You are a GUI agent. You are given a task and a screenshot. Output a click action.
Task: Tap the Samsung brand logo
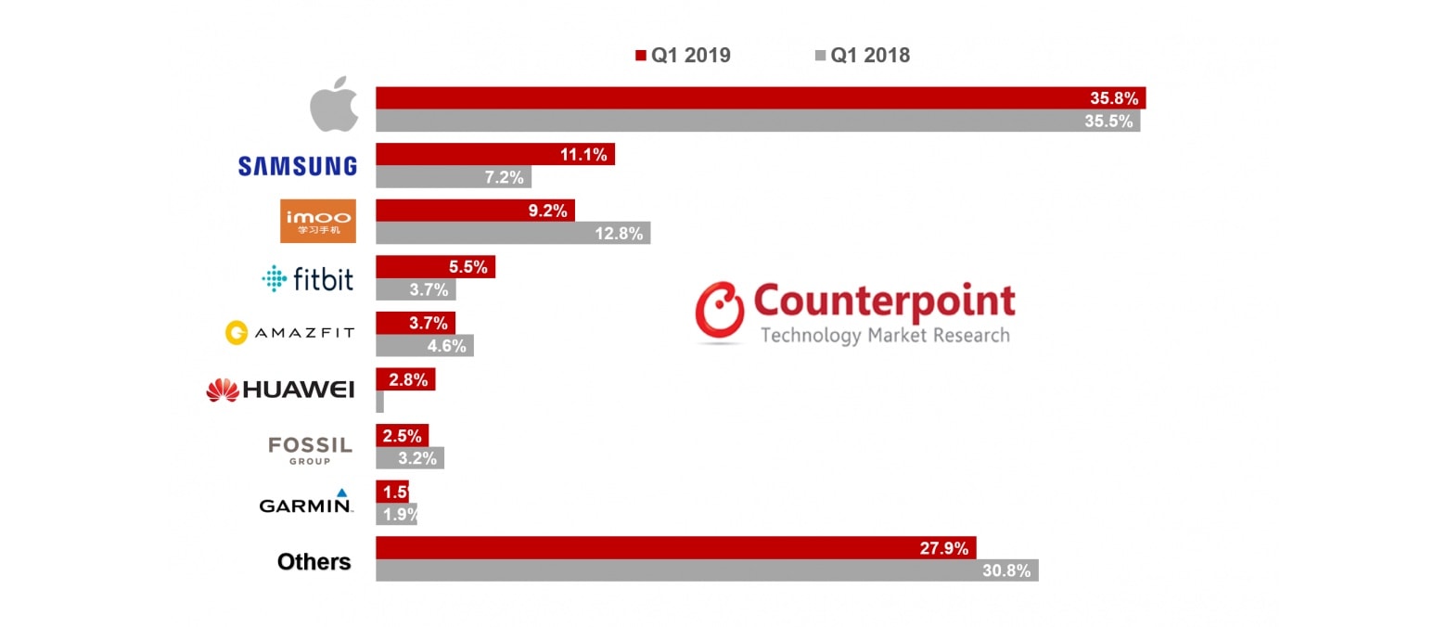[x=297, y=166]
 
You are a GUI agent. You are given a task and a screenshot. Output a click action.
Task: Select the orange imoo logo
[x=317, y=222]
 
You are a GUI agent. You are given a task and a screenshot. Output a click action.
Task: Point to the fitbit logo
[x=308, y=278]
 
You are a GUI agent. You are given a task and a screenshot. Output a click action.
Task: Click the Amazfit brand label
[x=289, y=332]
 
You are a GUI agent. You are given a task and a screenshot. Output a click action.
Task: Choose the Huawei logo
[x=280, y=390]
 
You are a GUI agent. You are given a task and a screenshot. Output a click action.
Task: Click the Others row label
[x=314, y=562]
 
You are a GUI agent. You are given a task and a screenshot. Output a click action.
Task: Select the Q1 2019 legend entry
[x=683, y=56]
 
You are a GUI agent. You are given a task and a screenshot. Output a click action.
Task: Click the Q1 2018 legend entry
[x=863, y=56]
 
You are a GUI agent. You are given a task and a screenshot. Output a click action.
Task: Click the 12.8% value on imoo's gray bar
[x=619, y=234]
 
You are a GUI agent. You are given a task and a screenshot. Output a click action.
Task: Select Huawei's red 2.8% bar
[x=405, y=379]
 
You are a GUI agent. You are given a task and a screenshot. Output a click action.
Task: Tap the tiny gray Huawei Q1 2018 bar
[x=379, y=402]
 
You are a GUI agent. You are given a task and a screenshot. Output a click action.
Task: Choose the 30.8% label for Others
[x=1006, y=570]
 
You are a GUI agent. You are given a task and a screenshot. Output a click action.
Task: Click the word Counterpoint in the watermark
[x=884, y=301]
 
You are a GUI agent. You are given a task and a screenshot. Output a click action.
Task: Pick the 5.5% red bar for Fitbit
[x=435, y=267]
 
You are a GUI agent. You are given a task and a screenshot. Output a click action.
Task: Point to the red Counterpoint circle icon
[x=720, y=310]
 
